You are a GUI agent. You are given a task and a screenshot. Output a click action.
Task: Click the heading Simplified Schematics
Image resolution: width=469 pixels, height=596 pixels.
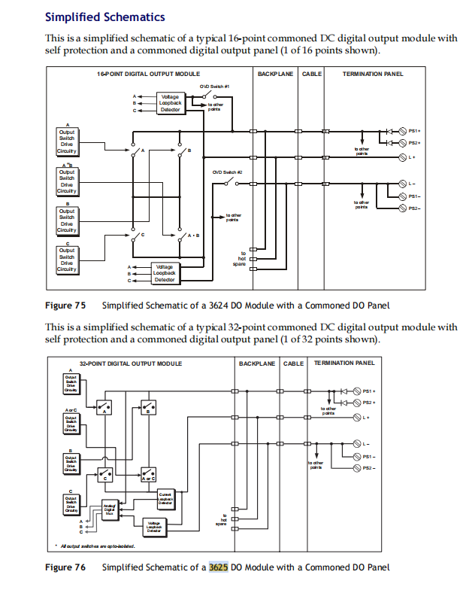(105, 17)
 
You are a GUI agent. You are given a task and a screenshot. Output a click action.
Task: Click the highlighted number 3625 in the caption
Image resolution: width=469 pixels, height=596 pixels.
(218, 567)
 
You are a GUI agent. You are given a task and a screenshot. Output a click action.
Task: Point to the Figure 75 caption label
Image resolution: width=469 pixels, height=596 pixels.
(65, 305)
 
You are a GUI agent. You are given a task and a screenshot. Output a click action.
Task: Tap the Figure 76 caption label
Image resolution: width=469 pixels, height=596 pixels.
(65, 567)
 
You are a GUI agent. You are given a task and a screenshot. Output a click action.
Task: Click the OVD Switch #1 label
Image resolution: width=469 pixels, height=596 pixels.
(214, 87)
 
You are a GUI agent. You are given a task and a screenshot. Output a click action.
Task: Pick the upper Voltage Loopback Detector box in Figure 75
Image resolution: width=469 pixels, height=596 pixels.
(170, 103)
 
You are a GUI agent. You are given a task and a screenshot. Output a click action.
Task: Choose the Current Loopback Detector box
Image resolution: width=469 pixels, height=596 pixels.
(166, 497)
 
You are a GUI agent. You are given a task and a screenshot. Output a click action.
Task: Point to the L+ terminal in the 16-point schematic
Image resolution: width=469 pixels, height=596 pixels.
(410, 157)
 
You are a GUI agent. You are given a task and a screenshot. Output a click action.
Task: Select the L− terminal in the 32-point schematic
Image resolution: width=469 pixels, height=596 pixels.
(365, 443)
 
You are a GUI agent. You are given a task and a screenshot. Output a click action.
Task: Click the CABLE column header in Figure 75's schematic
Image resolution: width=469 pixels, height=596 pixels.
(312, 74)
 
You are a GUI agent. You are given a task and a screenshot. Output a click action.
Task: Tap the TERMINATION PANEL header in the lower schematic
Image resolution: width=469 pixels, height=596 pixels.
(343, 363)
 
